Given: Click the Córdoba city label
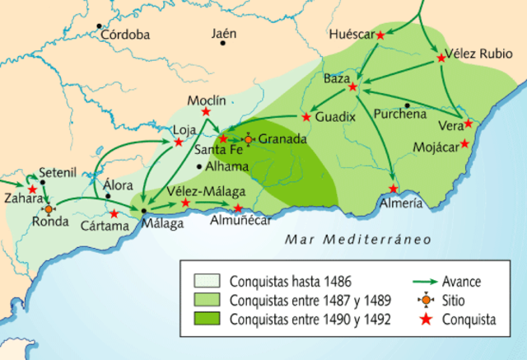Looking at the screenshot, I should [126, 35].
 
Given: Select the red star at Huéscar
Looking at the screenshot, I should [380, 35].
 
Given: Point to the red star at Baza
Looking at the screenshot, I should [353, 86].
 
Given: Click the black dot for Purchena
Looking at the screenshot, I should [409, 105].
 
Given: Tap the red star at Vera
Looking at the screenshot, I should [469, 124].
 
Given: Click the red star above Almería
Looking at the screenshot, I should [394, 189].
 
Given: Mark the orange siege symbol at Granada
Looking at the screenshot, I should [248, 139].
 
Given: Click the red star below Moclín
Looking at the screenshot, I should [206, 111].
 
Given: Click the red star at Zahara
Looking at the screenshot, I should [32, 189].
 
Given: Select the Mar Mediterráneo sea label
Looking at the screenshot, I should [347, 240].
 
